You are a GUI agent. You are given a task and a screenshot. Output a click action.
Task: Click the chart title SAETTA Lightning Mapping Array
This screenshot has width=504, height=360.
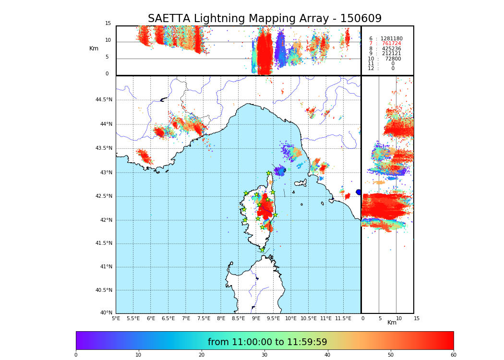[x=264, y=19]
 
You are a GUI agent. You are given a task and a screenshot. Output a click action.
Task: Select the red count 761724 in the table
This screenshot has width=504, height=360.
[x=391, y=44]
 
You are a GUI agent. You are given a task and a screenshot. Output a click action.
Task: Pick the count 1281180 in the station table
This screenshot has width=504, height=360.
[x=391, y=38]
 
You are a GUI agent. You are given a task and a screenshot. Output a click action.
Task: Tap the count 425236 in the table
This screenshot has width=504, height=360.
[x=391, y=49]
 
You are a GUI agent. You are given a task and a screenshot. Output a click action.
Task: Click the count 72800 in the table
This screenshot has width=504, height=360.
[x=393, y=59]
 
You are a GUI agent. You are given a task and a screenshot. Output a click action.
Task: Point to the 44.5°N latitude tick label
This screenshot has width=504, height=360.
[x=104, y=100]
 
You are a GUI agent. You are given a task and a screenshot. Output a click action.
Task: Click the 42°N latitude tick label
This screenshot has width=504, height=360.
[x=106, y=220]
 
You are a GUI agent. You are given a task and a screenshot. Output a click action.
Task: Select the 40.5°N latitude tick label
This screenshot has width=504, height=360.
[x=104, y=290]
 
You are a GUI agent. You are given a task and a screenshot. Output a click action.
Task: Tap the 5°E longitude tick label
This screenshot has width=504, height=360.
[x=116, y=318]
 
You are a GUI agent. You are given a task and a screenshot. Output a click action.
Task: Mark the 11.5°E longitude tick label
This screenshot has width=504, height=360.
[x=343, y=318]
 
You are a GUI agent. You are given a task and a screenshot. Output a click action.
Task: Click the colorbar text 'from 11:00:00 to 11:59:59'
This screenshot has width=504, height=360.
[x=267, y=342]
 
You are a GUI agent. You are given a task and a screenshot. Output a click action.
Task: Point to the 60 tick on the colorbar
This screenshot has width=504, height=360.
[x=453, y=355]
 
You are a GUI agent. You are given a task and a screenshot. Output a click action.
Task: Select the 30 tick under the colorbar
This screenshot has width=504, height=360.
[x=264, y=355]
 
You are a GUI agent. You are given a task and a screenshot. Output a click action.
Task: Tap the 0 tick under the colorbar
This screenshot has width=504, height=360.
[x=76, y=355]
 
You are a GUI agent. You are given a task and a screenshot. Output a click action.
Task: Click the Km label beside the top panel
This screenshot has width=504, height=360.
[x=94, y=48]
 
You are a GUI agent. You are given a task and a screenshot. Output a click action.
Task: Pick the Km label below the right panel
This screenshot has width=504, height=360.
[x=392, y=323]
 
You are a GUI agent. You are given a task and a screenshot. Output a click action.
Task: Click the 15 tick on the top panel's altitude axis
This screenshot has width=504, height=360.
[x=108, y=24]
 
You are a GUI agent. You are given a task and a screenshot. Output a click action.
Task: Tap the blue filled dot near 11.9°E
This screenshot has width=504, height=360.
[x=359, y=192]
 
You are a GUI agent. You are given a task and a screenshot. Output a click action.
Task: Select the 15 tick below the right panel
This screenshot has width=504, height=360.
[x=417, y=318]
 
